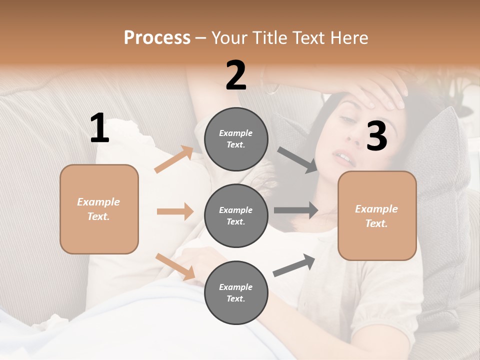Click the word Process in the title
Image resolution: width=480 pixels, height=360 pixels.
coord(157,37)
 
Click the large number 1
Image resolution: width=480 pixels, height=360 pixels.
coord(99,128)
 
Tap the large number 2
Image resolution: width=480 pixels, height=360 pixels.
coord(236,76)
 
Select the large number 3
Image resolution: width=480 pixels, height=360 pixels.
coord(376,136)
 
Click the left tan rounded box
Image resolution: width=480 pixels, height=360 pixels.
coord(99,209)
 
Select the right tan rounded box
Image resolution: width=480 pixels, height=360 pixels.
coord(377,216)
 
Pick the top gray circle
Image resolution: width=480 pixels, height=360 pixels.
coord(236,139)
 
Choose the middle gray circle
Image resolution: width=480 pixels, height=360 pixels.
coord(236,215)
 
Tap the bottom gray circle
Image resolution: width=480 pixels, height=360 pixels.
coord(236,292)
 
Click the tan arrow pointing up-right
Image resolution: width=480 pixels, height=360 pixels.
coord(174,159)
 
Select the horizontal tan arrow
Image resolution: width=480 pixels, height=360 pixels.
coord(175,211)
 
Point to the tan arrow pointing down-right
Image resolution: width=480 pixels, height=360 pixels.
coord(175,266)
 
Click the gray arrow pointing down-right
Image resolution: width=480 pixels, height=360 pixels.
coord(298,160)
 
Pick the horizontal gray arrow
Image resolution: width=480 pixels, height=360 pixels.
coord(296,210)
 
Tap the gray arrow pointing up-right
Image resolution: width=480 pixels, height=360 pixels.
coord(294,265)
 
